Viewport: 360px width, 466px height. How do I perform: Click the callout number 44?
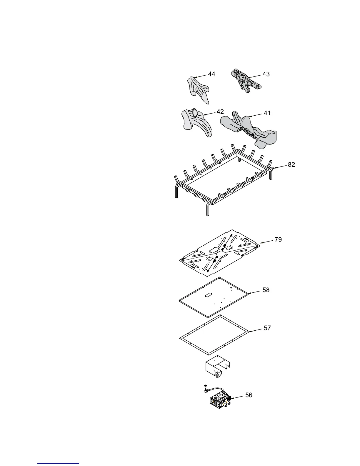point(211,74)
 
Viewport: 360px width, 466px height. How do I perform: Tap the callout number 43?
point(266,74)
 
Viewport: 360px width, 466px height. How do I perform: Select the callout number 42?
point(220,112)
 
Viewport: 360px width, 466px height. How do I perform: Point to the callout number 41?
point(267,113)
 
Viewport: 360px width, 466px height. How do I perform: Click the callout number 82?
point(291,165)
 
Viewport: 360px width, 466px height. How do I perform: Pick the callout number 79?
point(278,239)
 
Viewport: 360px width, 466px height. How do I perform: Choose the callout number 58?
point(266,290)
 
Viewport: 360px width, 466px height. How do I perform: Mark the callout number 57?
point(267,328)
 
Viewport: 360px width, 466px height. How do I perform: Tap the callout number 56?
point(249,395)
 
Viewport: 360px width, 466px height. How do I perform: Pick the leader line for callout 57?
point(256,330)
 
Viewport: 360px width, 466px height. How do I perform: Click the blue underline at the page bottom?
point(59,464)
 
